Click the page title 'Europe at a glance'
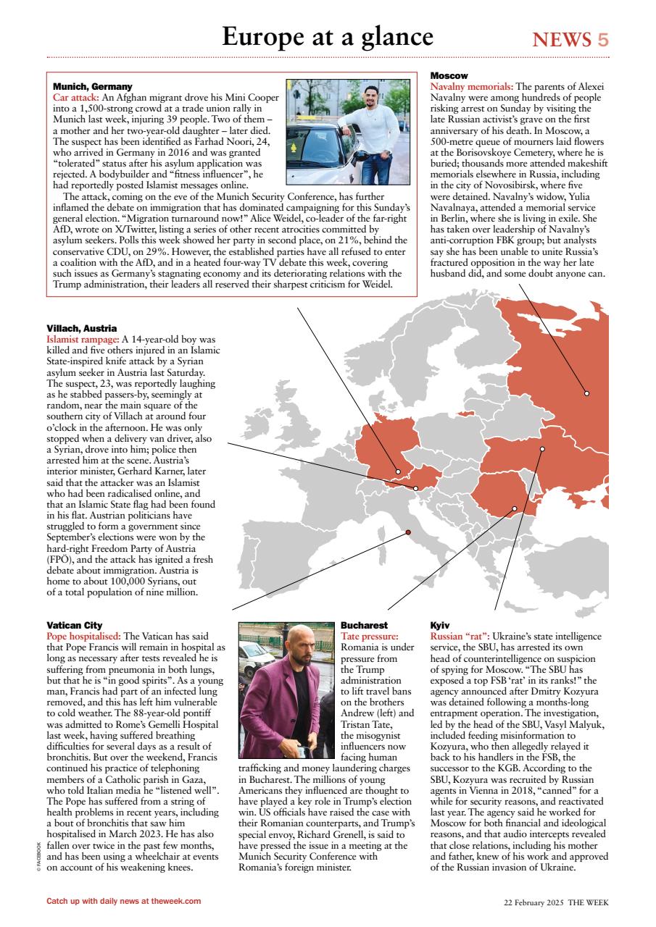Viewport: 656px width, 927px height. [327, 36]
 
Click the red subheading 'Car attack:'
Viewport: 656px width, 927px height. [76, 96]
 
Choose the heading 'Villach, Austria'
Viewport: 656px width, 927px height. [81, 328]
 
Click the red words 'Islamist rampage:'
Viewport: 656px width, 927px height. [83, 338]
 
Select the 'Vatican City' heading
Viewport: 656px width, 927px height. [74, 624]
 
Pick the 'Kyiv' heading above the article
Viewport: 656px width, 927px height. [440, 624]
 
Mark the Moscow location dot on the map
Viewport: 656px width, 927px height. [587, 393]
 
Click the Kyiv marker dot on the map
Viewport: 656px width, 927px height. [542, 449]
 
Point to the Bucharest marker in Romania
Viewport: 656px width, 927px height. [515, 508]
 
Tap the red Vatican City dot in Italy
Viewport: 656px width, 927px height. [408, 532]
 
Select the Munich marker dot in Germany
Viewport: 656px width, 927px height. [398, 471]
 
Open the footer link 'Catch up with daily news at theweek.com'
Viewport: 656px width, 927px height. [123, 901]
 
